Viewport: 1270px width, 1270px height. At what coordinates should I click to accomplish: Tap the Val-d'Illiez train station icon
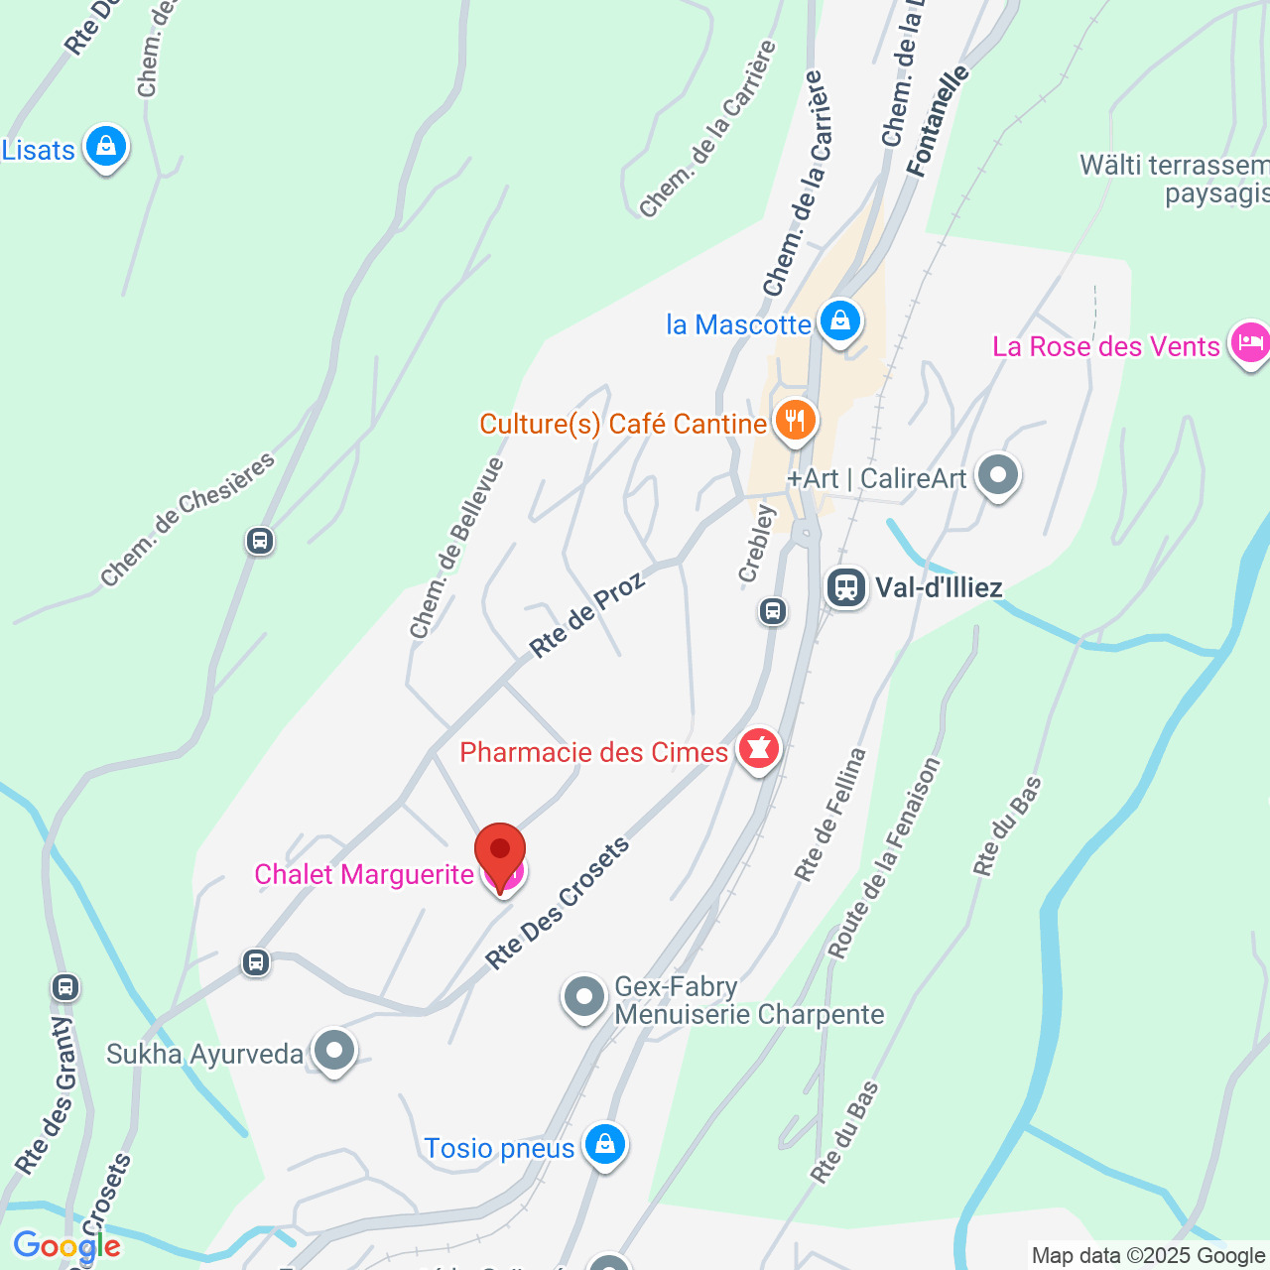(x=846, y=587)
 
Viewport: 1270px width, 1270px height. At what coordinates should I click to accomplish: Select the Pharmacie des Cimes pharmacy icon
(x=759, y=749)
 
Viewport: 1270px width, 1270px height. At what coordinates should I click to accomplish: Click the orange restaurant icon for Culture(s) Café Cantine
(x=794, y=421)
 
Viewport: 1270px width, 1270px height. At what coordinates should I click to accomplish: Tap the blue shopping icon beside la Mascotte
(x=840, y=321)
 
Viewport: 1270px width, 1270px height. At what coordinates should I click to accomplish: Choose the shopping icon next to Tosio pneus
(x=604, y=1145)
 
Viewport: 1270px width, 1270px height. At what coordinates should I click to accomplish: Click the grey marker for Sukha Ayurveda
(x=334, y=1050)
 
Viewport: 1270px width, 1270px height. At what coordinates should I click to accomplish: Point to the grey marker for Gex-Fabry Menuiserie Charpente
(x=583, y=996)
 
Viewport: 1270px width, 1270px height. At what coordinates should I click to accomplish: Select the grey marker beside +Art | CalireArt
(x=998, y=475)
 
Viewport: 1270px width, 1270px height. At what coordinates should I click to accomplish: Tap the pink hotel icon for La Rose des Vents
(x=1250, y=343)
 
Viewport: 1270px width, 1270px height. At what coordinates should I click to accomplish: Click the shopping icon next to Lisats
(x=105, y=147)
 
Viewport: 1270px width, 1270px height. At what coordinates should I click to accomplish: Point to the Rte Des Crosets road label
(x=558, y=903)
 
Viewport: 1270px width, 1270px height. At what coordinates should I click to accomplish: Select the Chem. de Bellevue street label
(x=456, y=548)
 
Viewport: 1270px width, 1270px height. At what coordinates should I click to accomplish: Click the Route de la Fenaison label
(x=883, y=858)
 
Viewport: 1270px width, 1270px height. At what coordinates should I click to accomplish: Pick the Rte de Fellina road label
(x=829, y=815)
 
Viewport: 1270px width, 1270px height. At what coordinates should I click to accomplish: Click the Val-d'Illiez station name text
(x=939, y=587)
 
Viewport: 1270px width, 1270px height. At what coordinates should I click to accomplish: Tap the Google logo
(x=66, y=1246)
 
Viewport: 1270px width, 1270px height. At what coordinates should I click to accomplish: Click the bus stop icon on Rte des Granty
(x=65, y=987)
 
